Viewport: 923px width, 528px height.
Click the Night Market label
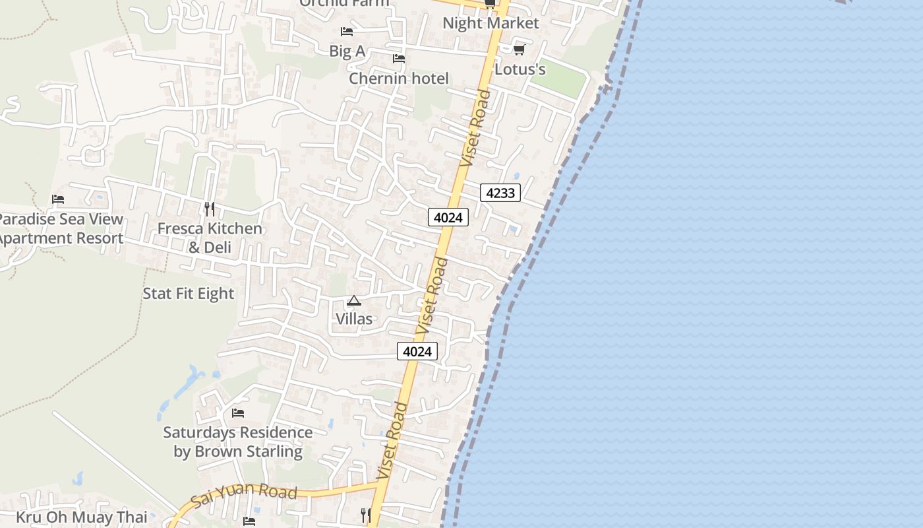491,23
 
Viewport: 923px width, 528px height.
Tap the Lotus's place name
520,69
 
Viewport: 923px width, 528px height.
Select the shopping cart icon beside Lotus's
519,49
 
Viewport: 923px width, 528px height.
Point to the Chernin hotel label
398,79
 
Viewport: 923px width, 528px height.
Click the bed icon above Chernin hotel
398,58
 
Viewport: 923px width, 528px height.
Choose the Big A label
347,51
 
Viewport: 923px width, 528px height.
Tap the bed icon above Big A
346,31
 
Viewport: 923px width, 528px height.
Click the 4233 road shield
500,193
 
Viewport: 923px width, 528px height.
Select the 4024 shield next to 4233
448,216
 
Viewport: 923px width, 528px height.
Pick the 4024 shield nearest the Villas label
417,351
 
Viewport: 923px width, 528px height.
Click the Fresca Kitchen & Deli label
209,238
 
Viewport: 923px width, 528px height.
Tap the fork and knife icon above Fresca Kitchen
209,209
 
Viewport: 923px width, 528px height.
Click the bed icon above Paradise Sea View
58,199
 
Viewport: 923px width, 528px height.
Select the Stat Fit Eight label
189,293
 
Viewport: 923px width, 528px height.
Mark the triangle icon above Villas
354,301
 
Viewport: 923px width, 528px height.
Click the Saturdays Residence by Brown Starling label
237,442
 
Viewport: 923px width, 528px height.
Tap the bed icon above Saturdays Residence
237,413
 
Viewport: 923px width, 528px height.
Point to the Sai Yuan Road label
244,497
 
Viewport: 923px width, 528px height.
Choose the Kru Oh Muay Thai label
82,517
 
